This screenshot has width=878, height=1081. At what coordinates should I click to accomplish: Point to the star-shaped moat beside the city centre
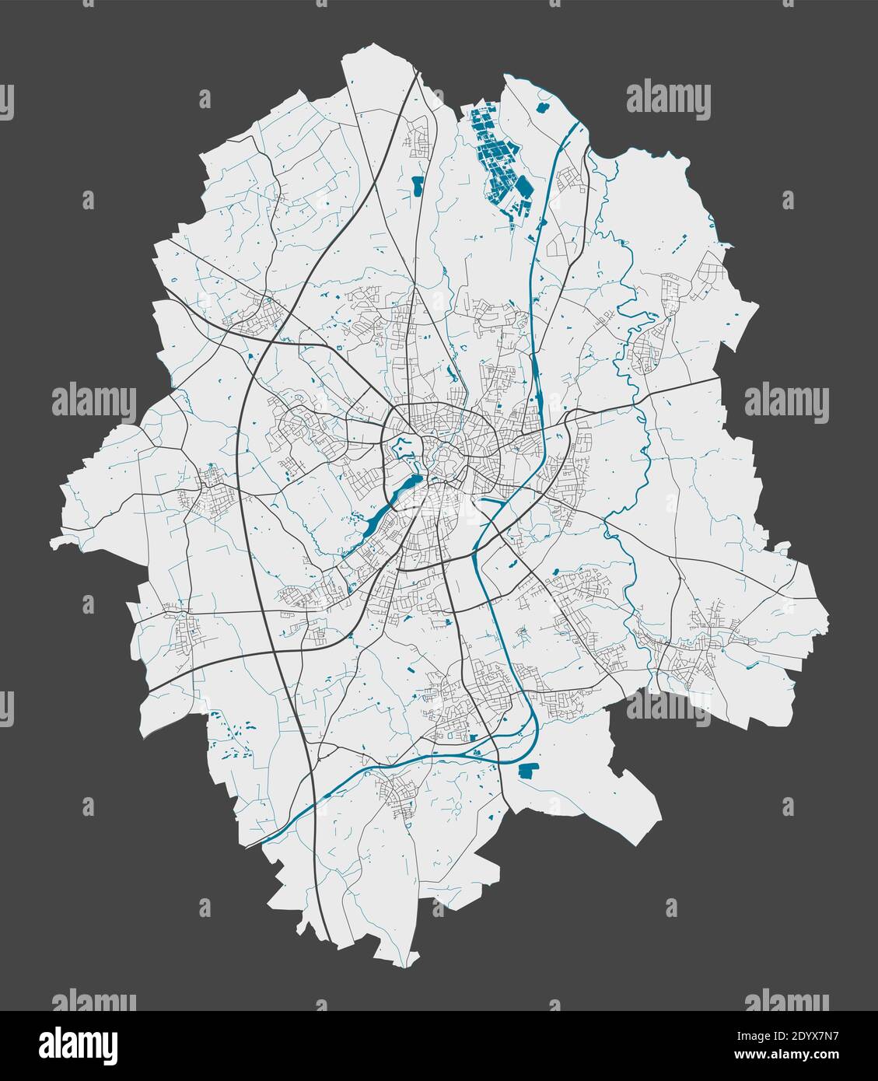click(x=402, y=449)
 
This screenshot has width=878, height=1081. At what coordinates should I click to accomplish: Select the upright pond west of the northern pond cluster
click(x=418, y=186)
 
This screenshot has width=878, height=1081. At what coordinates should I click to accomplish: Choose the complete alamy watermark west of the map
click(x=93, y=401)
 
